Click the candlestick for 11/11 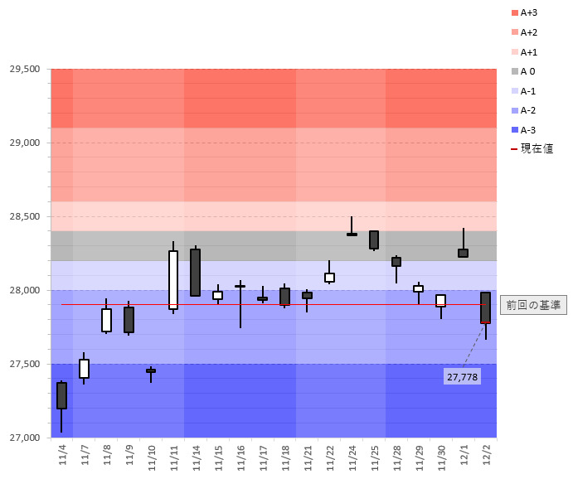(173, 280)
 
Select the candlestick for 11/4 (62, 395)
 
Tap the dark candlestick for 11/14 (196, 273)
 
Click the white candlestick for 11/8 (106, 320)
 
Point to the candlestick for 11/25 (374, 239)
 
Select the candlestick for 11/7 (84, 369)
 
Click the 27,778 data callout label (462, 377)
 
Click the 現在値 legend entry (532, 149)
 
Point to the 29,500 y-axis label (25, 69)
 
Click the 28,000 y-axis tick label (25, 290)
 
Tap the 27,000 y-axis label (25, 438)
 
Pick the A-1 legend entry (528, 91)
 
